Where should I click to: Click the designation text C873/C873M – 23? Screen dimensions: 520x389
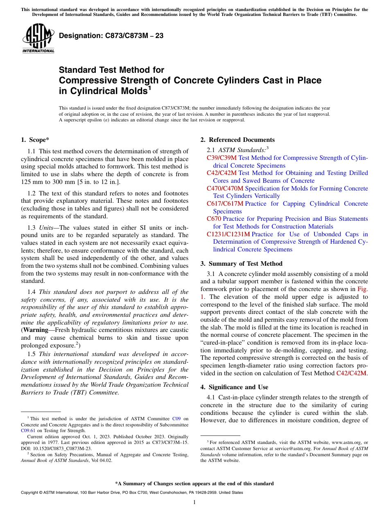click(111, 36)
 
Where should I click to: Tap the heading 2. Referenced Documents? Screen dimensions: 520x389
click(237, 140)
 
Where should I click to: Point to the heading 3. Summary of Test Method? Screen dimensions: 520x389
click(241, 264)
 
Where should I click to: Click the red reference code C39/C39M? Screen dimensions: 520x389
click(222, 158)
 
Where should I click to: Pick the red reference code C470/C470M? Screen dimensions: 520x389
click(225, 188)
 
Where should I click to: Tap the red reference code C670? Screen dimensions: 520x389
click(214, 219)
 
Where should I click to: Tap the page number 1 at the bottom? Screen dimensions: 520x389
click(194, 502)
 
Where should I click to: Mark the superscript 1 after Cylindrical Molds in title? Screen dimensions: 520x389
click(150, 88)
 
